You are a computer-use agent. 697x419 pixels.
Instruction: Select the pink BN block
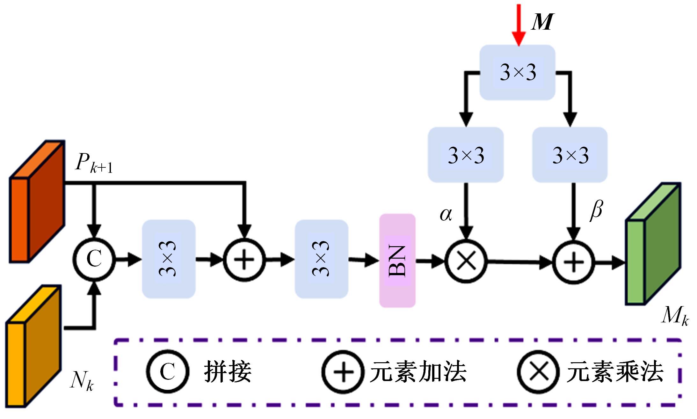[x=397, y=261]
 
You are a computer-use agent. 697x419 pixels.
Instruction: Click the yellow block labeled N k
[x=33, y=346]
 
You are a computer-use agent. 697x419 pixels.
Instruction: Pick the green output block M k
[x=653, y=244]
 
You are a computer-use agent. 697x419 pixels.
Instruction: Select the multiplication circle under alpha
[x=466, y=261]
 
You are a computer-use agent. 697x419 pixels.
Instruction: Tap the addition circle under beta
[x=573, y=262]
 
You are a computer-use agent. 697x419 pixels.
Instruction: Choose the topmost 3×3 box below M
[x=518, y=72]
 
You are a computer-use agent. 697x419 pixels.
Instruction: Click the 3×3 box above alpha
[x=466, y=155]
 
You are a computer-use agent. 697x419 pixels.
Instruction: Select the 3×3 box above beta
[x=570, y=155]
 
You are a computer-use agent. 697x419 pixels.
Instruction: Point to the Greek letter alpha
[x=446, y=215]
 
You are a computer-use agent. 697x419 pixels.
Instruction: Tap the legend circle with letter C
[x=168, y=371]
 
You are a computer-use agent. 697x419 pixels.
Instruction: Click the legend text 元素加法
[x=418, y=372]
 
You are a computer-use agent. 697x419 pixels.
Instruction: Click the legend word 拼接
[x=228, y=372]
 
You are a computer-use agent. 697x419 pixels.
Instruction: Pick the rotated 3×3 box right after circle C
[x=168, y=259]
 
